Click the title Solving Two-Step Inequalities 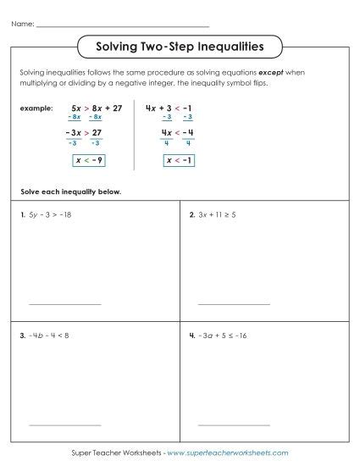(179, 45)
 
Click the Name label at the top (23, 25)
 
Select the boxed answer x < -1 (178, 161)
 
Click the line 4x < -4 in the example (178, 132)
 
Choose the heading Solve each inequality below (68, 191)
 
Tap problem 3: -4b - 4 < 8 (48, 336)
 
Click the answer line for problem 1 (64, 303)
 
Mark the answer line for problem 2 (233, 303)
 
